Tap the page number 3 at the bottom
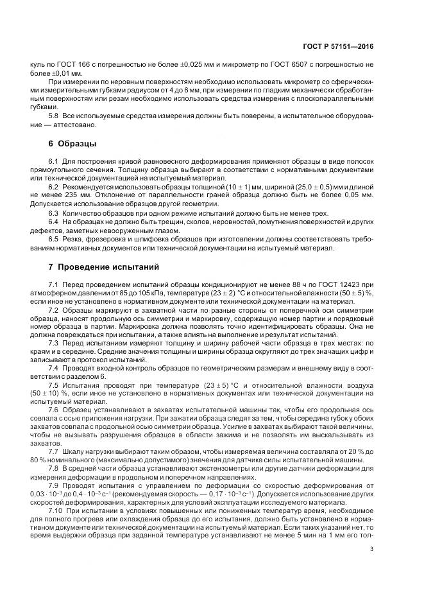371,548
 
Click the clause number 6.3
55,213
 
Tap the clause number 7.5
55,385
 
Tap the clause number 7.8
55,468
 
